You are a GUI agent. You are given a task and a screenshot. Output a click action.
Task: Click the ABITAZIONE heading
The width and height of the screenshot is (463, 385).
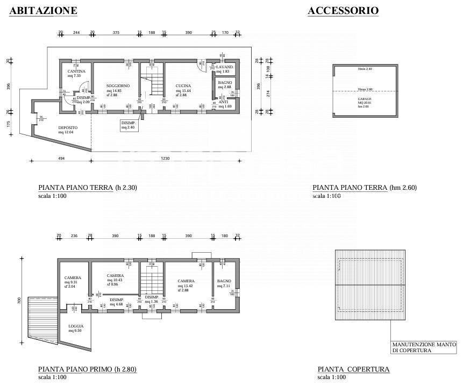pos(43,10)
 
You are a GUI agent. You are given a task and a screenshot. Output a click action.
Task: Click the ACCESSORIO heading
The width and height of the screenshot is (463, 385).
pos(343,10)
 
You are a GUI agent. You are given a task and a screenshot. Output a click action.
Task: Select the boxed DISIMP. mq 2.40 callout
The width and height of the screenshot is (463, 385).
pos(129,125)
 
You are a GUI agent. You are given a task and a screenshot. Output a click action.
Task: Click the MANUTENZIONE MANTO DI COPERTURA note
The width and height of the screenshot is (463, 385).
pos(424,347)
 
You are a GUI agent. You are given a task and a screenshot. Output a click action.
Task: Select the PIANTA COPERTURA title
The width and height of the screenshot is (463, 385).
pos(353,369)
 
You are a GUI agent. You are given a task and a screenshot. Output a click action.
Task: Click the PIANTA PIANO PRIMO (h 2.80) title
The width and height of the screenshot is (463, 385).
pos(88,369)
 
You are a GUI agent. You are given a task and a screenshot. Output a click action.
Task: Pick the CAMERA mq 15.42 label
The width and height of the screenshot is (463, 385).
pos(187,283)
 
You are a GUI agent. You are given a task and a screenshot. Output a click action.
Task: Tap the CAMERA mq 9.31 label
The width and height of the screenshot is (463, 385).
pos(73,280)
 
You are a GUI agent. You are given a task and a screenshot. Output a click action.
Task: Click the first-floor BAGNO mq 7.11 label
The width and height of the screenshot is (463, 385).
pos(224,283)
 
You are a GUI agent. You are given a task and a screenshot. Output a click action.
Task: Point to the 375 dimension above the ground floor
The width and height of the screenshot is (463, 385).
pos(116,33)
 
